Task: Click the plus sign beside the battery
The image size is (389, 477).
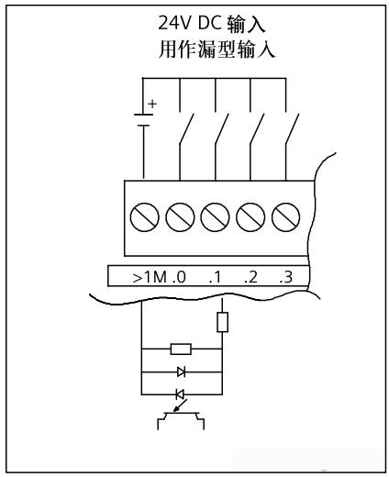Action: pos(152,104)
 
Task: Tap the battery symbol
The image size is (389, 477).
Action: pos(143,120)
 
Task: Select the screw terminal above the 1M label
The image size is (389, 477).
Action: pos(144,217)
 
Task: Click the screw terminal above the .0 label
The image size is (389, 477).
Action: pos(180,217)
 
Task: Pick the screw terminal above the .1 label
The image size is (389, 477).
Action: pos(215,217)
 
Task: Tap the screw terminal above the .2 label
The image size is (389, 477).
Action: pos(250,217)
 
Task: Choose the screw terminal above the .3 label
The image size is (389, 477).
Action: pos(285,217)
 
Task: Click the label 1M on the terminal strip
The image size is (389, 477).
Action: pos(155,277)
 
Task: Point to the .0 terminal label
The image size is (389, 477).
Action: pos(179,277)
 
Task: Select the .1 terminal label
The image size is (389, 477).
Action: pos(215,277)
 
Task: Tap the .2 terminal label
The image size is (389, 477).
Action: pos(250,277)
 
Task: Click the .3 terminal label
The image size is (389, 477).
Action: pos(286,277)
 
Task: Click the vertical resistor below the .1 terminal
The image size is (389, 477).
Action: pos(222,322)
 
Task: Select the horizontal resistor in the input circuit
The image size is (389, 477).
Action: pos(181,349)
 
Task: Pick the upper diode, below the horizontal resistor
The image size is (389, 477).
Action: pos(181,372)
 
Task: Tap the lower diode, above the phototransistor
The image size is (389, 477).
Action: pos(180,394)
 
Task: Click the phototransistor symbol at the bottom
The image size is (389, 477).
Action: pos(181,417)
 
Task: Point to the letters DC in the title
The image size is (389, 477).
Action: pos(209,23)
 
